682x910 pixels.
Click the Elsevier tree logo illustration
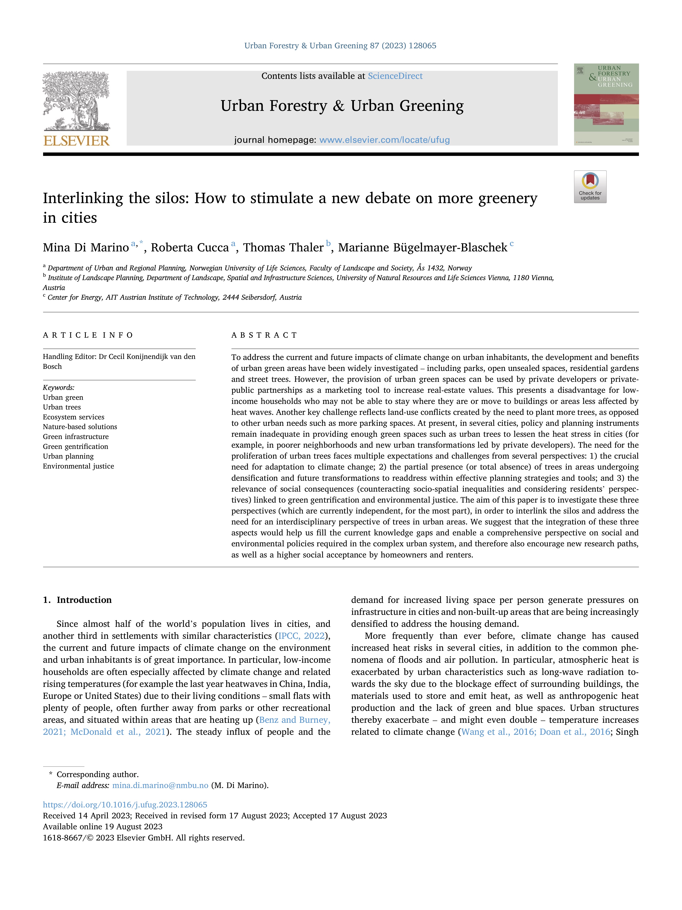77,101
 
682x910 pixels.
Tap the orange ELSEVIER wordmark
77,141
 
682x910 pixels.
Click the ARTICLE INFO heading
88,335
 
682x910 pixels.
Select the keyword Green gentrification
75,446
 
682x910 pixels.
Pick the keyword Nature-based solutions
80,427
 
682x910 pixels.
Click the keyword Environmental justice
78,466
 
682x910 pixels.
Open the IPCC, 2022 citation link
301,636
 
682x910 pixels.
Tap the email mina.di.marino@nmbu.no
160,785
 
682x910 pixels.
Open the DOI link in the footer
125,805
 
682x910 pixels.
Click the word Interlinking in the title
83,198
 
